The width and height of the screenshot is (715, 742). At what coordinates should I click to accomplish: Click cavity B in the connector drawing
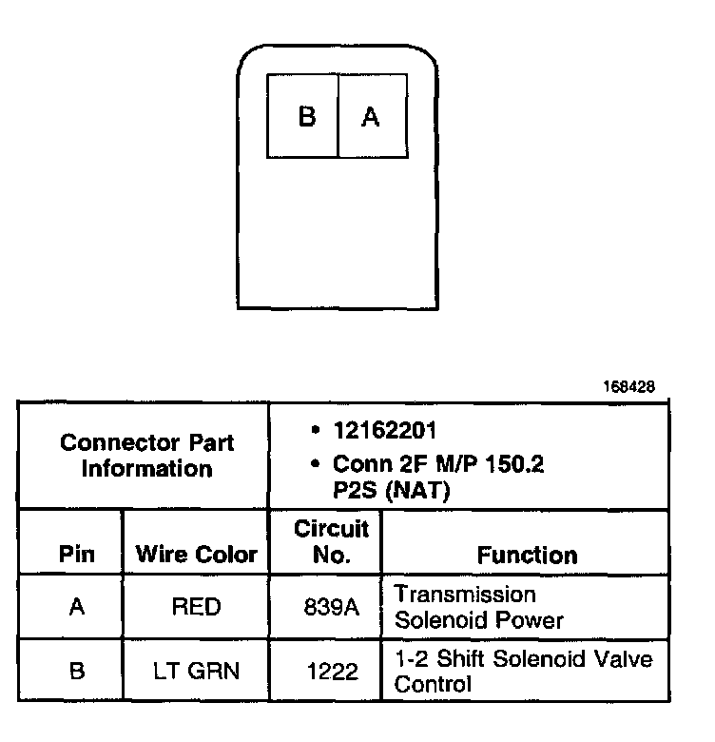click(304, 116)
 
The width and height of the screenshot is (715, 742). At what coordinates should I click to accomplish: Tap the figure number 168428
click(628, 388)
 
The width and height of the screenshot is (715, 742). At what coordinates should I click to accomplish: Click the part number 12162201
click(385, 431)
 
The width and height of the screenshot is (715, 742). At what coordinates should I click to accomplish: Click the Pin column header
click(77, 555)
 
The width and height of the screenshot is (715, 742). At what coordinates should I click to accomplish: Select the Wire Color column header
click(197, 555)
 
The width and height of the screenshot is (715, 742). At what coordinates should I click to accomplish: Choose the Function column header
click(527, 555)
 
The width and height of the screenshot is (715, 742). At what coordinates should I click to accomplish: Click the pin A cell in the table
click(77, 607)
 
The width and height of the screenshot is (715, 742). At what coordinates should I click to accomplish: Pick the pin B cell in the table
click(77, 671)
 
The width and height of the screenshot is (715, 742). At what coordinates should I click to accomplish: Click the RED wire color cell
click(197, 607)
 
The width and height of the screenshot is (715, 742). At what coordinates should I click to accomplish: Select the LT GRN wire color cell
click(197, 671)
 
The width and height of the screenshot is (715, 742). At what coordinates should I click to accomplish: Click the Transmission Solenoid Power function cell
click(479, 607)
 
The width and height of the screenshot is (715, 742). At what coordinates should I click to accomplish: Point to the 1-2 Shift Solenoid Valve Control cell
click(523, 671)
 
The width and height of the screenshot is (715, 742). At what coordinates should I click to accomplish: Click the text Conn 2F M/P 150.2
click(438, 465)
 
